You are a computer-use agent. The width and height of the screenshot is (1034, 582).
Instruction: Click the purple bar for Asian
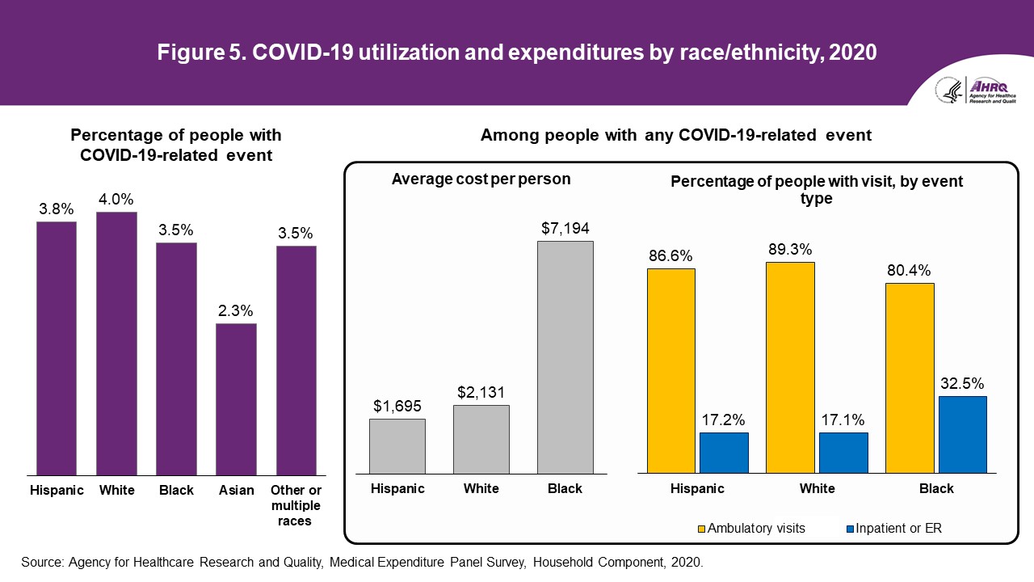point(236,399)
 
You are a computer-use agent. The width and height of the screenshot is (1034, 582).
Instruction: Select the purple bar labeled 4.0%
point(116,343)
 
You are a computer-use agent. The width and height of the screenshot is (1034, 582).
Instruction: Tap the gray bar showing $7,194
point(565,356)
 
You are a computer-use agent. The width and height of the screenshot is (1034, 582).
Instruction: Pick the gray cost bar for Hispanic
point(397,445)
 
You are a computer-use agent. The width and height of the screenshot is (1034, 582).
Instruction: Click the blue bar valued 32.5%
point(962,434)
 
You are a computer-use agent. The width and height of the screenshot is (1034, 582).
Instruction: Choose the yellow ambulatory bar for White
point(790,367)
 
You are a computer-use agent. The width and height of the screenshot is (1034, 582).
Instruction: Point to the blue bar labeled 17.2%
point(724,452)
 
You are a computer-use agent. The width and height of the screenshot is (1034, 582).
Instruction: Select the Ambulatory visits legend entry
point(750,529)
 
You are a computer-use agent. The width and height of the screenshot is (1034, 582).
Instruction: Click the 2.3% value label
point(236,310)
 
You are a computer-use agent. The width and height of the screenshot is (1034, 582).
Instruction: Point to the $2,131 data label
point(481,392)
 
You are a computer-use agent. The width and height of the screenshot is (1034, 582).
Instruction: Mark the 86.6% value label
point(670,255)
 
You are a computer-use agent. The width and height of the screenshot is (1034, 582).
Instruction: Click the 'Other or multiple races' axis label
point(296,505)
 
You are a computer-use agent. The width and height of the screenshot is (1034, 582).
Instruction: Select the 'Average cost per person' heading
point(481,179)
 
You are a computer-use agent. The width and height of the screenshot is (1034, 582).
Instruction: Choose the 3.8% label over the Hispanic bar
point(56,209)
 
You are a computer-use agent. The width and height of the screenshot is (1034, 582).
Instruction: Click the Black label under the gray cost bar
point(565,489)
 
